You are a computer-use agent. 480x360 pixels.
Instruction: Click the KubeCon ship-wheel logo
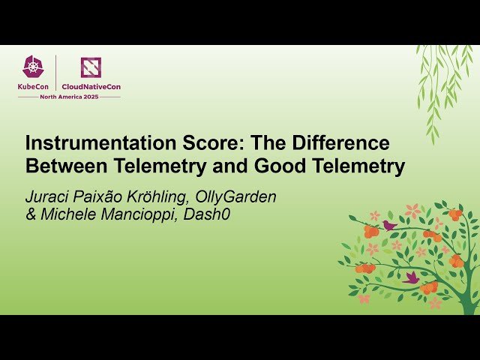(x=34, y=67)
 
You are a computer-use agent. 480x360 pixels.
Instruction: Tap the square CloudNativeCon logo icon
(x=91, y=67)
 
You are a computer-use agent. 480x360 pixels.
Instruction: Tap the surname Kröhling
(x=166, y=197)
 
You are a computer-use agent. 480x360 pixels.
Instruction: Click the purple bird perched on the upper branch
(x=389, y=225)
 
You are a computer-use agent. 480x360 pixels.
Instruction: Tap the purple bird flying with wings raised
(x=411, y=277)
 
